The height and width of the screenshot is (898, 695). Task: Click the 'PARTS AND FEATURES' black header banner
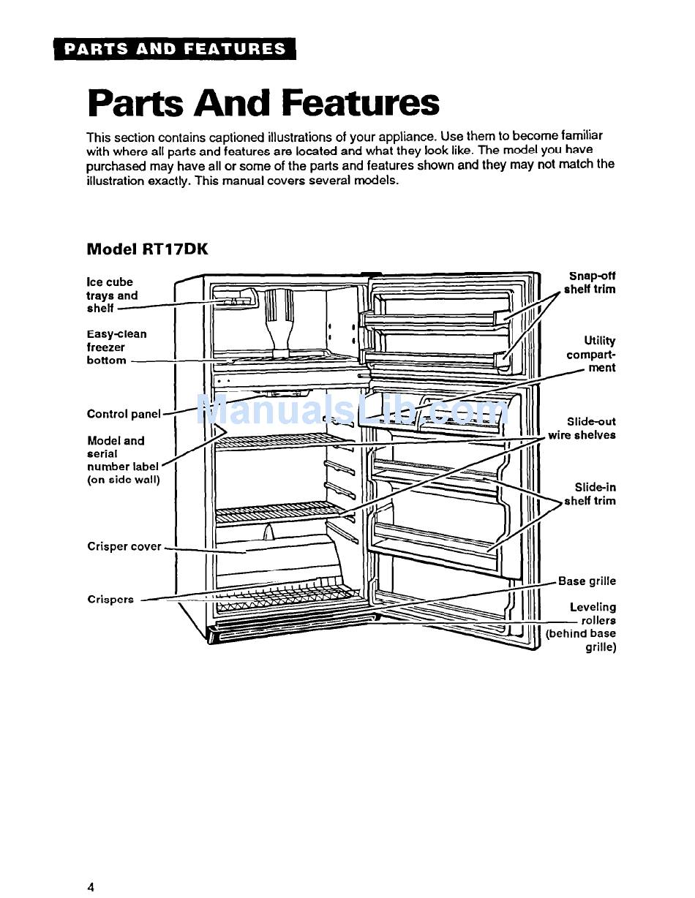point(174,49)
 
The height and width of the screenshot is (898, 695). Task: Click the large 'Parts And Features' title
point(263,102)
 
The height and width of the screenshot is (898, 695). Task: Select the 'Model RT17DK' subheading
point(147,249)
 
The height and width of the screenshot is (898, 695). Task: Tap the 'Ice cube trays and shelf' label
point(111,295)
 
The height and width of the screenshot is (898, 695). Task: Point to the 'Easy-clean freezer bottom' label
point(116,347)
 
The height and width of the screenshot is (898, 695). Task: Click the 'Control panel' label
point(123,414)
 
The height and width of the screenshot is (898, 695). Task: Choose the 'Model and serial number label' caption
point(122,460)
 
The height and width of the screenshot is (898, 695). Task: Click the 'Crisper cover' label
point(124,546)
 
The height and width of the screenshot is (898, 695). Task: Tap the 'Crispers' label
point(110,599)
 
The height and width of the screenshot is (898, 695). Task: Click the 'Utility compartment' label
point(591,354)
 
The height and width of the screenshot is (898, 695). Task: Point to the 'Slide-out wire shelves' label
point(583,429)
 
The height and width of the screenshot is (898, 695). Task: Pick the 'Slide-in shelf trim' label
point(591,494)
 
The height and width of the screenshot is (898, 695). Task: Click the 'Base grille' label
point(587,581)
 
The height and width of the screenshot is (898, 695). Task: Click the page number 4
point(91,887)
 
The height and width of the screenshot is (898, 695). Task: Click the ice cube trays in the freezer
point(233,300)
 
